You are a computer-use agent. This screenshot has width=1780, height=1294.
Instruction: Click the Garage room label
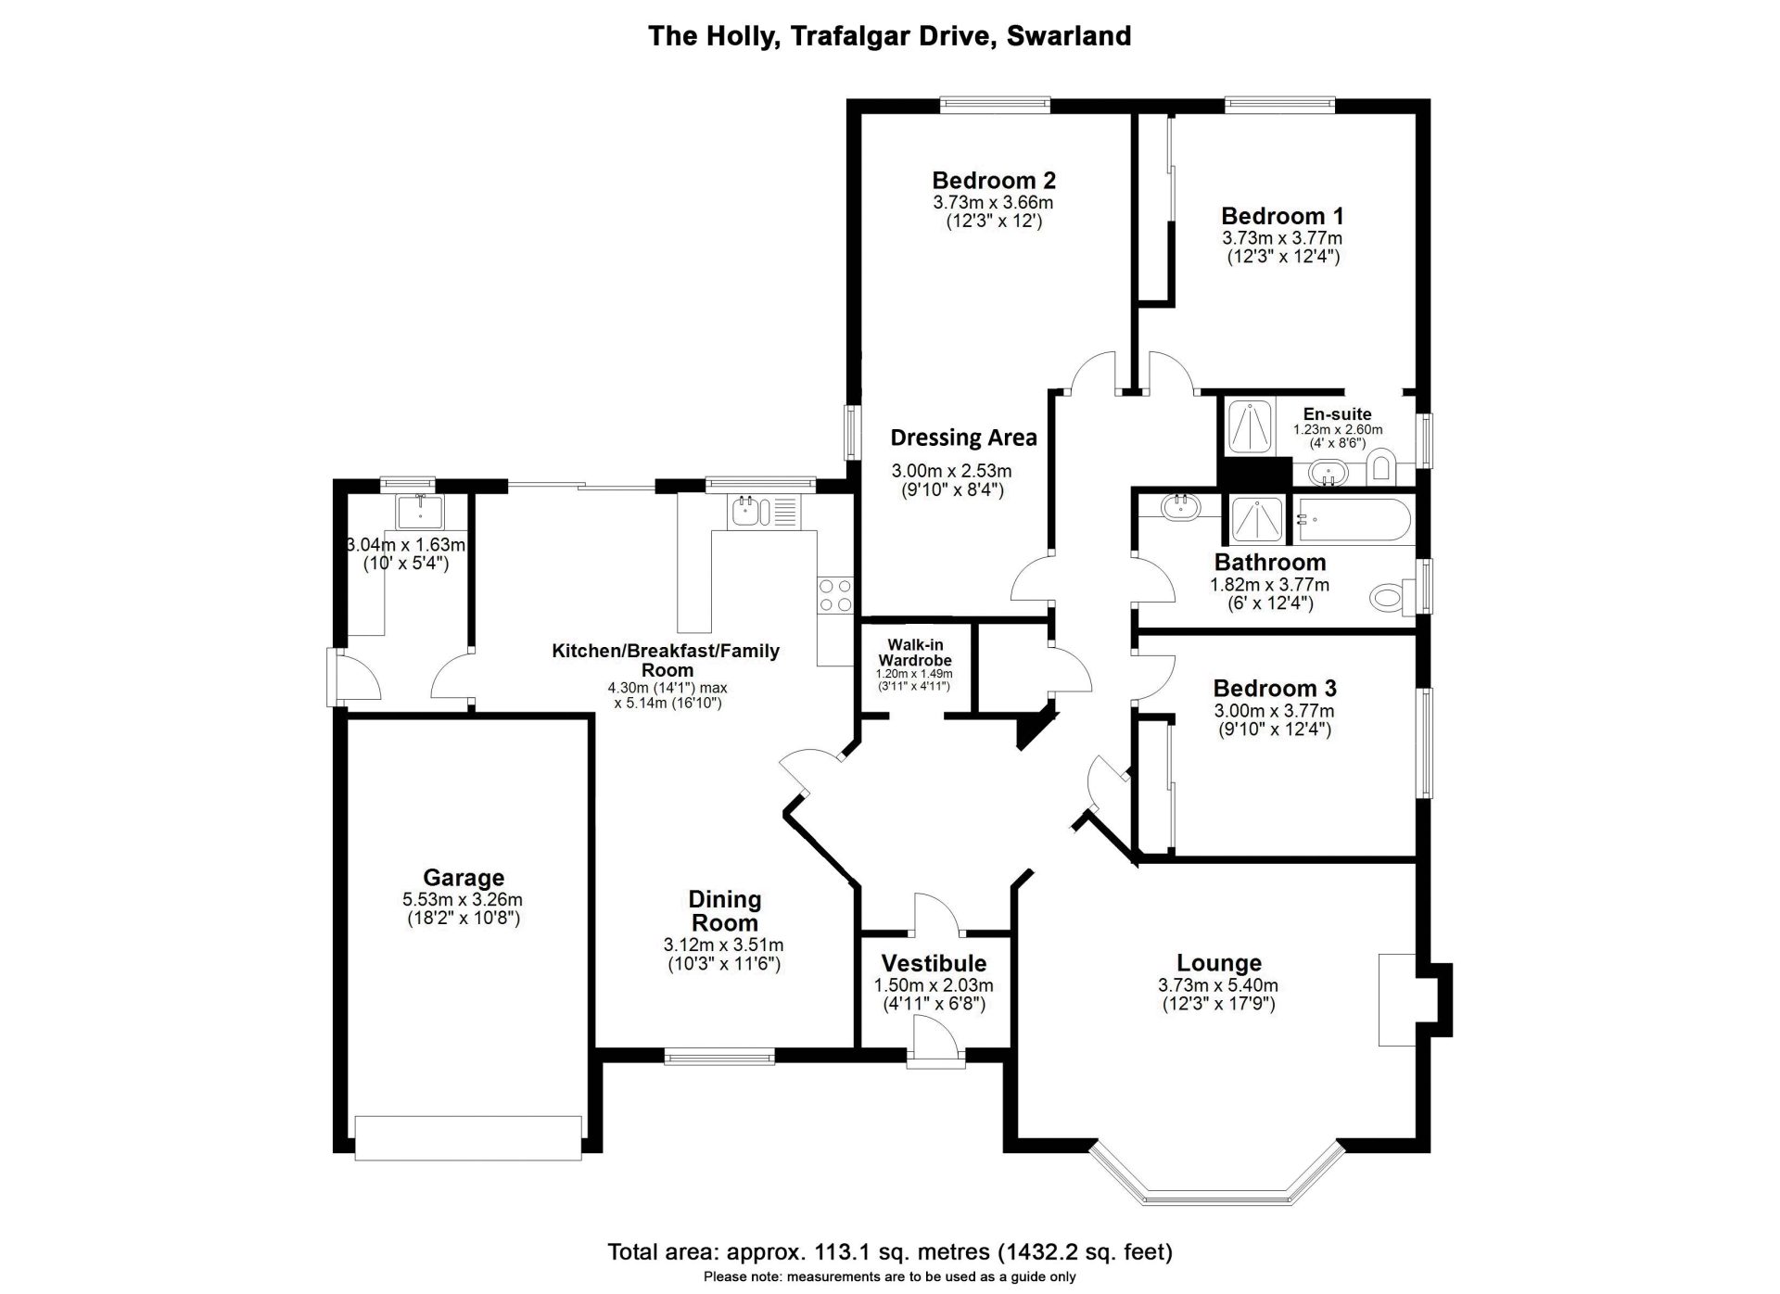[x=464, y=877]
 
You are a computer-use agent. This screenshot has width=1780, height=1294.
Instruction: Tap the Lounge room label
[x=1219, y=964]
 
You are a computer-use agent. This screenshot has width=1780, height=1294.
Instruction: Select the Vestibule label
[x=934, y=964]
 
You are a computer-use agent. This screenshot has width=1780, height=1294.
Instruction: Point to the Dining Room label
[x=724, y=911]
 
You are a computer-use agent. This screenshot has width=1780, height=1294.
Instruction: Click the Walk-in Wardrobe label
[x=915, y=653]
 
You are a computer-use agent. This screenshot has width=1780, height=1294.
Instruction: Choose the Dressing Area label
[x=963, y=438]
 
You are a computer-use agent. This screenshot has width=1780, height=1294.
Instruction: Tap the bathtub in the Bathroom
[x=1353, y=521]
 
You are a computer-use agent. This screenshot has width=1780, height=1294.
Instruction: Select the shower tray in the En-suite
[x=1251, y=426]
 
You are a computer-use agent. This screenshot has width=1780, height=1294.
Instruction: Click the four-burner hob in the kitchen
[x=834, y=594]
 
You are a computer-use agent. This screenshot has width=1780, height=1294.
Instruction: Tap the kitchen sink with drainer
[x=764, y=512]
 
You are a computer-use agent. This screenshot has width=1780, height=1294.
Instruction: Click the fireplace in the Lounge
[x=1397, y=1000]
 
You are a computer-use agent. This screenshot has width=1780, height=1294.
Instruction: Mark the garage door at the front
[x=468, y=1137]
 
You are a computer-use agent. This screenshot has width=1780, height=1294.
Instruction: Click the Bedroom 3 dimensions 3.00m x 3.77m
[x=1274, y=711]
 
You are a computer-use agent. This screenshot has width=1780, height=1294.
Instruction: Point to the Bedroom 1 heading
[x=1282, y=216]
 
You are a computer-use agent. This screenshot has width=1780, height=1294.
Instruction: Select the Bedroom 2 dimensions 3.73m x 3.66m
[x=993, y=202]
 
